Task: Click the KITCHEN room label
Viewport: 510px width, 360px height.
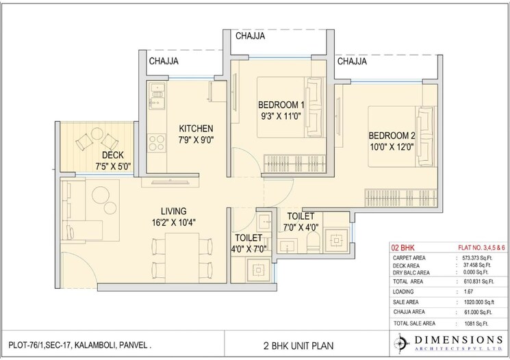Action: pos(196,128)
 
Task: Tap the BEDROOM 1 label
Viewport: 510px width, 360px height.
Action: pos(281,105)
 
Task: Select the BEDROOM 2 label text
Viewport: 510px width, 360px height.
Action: pos(392,135)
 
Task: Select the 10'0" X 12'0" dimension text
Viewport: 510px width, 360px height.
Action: pos(392,146)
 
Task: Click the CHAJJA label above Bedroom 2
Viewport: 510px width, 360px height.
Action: pos(350,62)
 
